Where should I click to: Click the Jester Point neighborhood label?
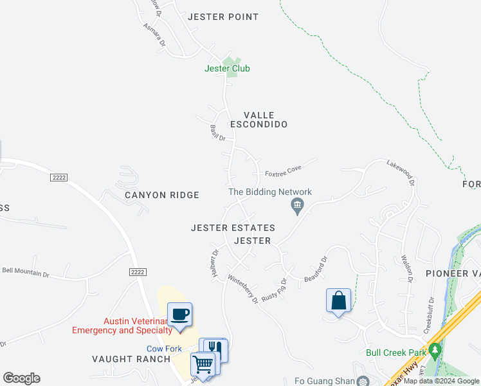coord(222,17)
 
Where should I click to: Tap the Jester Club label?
coord(227,68)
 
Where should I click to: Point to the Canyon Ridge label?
coord(162,195)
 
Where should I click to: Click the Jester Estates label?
coord(233,228)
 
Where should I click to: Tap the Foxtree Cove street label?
coord(283,170)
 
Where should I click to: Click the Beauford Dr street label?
coord(316,268)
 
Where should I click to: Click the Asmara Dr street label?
coord(154,35)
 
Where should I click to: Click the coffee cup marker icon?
coord(179,315)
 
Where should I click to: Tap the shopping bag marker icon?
coord(338,300)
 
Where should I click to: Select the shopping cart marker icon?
coord(203,364)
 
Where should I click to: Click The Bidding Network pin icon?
coord(297,206)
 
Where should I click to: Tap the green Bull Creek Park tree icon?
coord(435,352)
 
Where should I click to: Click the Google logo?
coord(21,378)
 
